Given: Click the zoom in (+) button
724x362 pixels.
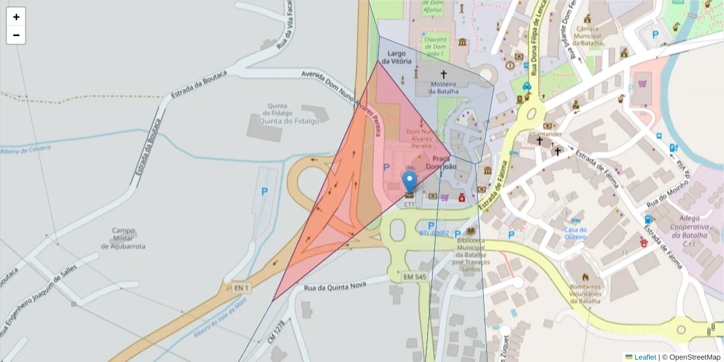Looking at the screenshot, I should tap(16, 17).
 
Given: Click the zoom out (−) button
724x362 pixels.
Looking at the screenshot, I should tap(16, 35).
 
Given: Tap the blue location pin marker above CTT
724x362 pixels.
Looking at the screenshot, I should tap(410, 182).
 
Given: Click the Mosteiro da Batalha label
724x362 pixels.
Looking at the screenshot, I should tap(443, 87).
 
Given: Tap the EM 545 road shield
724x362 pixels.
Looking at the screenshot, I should tap(415, 277).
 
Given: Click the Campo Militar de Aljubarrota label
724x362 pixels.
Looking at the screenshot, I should tap(123, 238).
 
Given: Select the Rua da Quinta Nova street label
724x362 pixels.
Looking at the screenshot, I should tap(338, 285).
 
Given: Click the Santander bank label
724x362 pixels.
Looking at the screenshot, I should tap(547, 134).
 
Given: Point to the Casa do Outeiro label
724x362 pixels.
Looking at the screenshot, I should tap(576, 233).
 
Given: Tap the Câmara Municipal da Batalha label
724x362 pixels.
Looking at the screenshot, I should tap(587, 36).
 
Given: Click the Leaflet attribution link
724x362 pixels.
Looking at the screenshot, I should tap(645, 357).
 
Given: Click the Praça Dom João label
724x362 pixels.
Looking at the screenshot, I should tap(440, 162).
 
